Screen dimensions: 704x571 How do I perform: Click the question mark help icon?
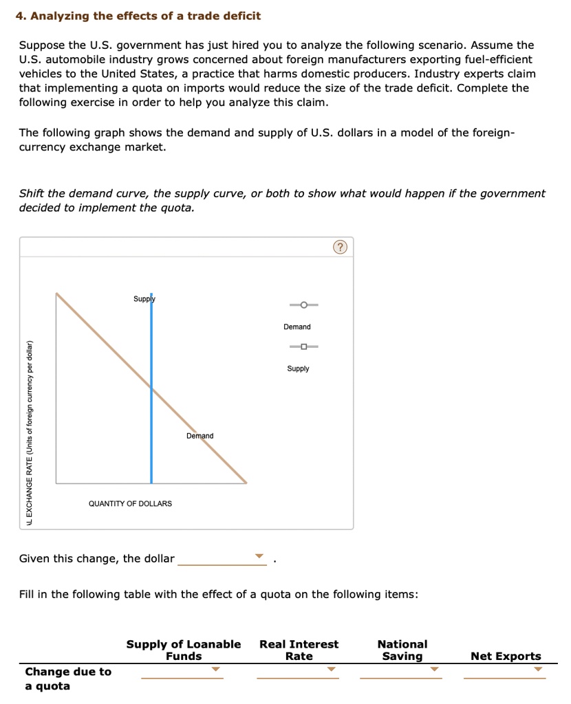pos(341,247)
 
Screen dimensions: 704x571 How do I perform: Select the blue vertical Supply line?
pos(151,426)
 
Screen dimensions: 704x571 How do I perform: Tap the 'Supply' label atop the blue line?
pos(144,299)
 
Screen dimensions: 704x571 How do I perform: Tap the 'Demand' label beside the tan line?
pos(200,436)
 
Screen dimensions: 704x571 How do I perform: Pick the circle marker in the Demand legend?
pos(303,305)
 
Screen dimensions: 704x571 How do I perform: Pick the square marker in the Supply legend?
pos(303,346)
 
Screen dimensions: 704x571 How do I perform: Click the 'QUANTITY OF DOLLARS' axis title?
pos(130,504)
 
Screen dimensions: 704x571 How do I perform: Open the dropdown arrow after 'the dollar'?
pos(259,556)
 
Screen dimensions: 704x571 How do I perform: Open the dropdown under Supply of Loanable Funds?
pos(215,669)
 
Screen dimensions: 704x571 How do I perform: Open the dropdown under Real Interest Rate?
pos(331,669)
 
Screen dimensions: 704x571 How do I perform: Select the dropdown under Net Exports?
pos(538,669)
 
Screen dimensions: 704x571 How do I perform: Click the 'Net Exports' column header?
pos(506,656)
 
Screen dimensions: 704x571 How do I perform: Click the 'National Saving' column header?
pos(402,650)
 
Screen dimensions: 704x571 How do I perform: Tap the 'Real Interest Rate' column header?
pos(299,650)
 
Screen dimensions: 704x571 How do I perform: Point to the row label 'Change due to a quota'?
pos(67,679)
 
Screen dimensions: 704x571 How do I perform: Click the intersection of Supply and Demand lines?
pos(151,388)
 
